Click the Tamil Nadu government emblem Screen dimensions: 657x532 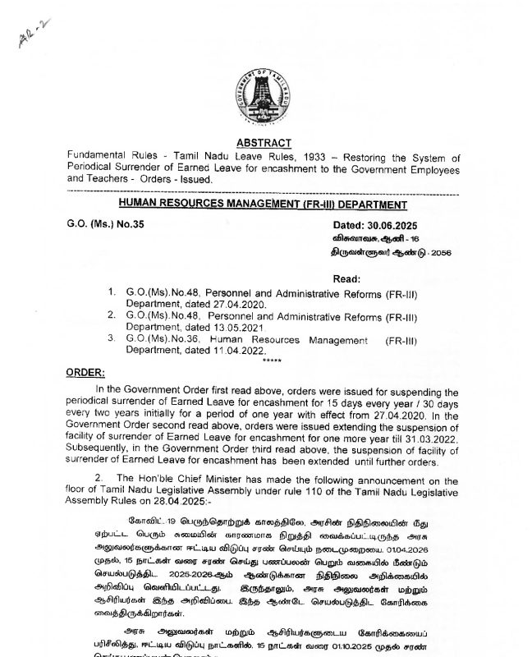(264, 95)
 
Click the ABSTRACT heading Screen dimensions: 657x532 (264, 144)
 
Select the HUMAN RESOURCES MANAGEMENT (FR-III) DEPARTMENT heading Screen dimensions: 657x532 (263, 204)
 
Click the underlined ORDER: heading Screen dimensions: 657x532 (85, 372)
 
